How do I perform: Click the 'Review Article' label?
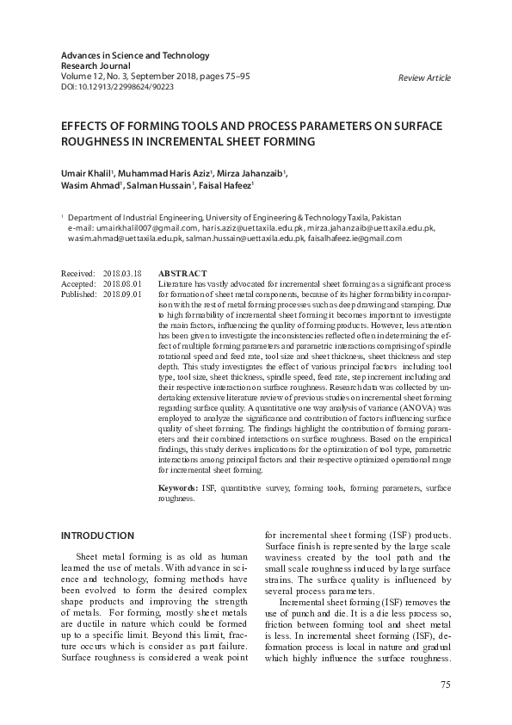pos(424,78)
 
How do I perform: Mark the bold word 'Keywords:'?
pos(178,488)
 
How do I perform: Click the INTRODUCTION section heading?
pos(97,536)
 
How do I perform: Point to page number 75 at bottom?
pos(445,685)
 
